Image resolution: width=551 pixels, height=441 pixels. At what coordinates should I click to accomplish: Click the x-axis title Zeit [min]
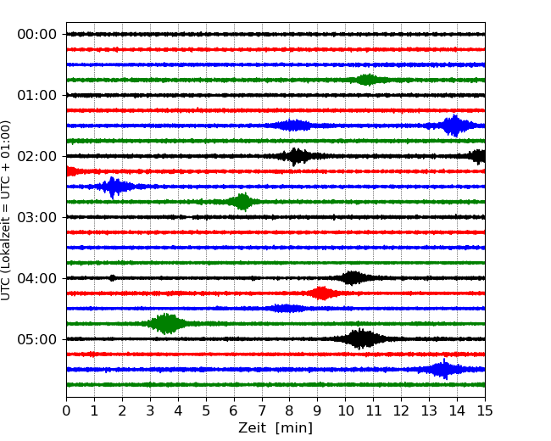click(275, 428)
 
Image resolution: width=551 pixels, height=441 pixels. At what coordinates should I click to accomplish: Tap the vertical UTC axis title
click(7, 209)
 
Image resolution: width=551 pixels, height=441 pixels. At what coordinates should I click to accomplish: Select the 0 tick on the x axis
click(66, 411)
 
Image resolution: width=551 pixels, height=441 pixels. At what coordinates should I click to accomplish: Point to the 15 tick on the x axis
click(485, 411)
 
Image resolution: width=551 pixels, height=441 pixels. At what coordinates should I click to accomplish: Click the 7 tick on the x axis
click(262, 411)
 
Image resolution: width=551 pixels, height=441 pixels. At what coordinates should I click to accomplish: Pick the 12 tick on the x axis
click(401, 411)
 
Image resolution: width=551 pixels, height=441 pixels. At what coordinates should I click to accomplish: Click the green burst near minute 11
click(367, 80)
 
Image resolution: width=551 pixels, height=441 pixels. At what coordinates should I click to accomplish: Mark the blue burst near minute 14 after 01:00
click(455, 126)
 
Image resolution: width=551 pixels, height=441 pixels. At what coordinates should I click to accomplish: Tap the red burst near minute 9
click(320, 293)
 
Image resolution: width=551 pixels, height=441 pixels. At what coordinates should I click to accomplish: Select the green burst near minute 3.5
click(166, 323)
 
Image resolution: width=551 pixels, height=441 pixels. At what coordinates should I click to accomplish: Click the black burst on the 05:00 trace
click(361, 339)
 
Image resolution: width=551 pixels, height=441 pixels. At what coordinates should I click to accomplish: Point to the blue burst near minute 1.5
click(113, 187)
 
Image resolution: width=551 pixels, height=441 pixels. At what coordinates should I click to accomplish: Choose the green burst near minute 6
click(242, 202)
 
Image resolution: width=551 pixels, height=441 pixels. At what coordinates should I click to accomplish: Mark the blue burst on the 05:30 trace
click(442, 369)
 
